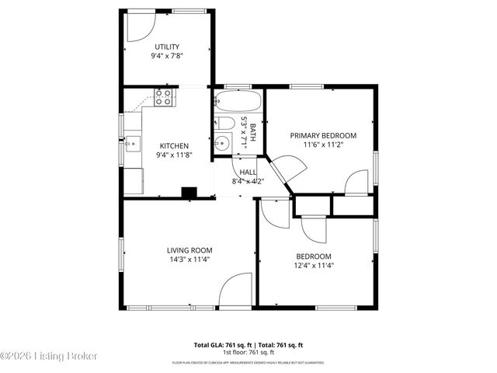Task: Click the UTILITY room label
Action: (166, 47)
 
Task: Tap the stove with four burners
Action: (164, 97)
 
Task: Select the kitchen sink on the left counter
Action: (132, 142)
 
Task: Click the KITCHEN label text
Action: (174, 145)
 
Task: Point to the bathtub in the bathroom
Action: (238, 103)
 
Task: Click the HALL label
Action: (248, 172)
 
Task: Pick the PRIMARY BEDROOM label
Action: (323, 135)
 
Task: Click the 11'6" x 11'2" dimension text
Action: (323, 145)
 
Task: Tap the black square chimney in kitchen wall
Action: (188, 192)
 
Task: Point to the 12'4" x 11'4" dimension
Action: (314, 265)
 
